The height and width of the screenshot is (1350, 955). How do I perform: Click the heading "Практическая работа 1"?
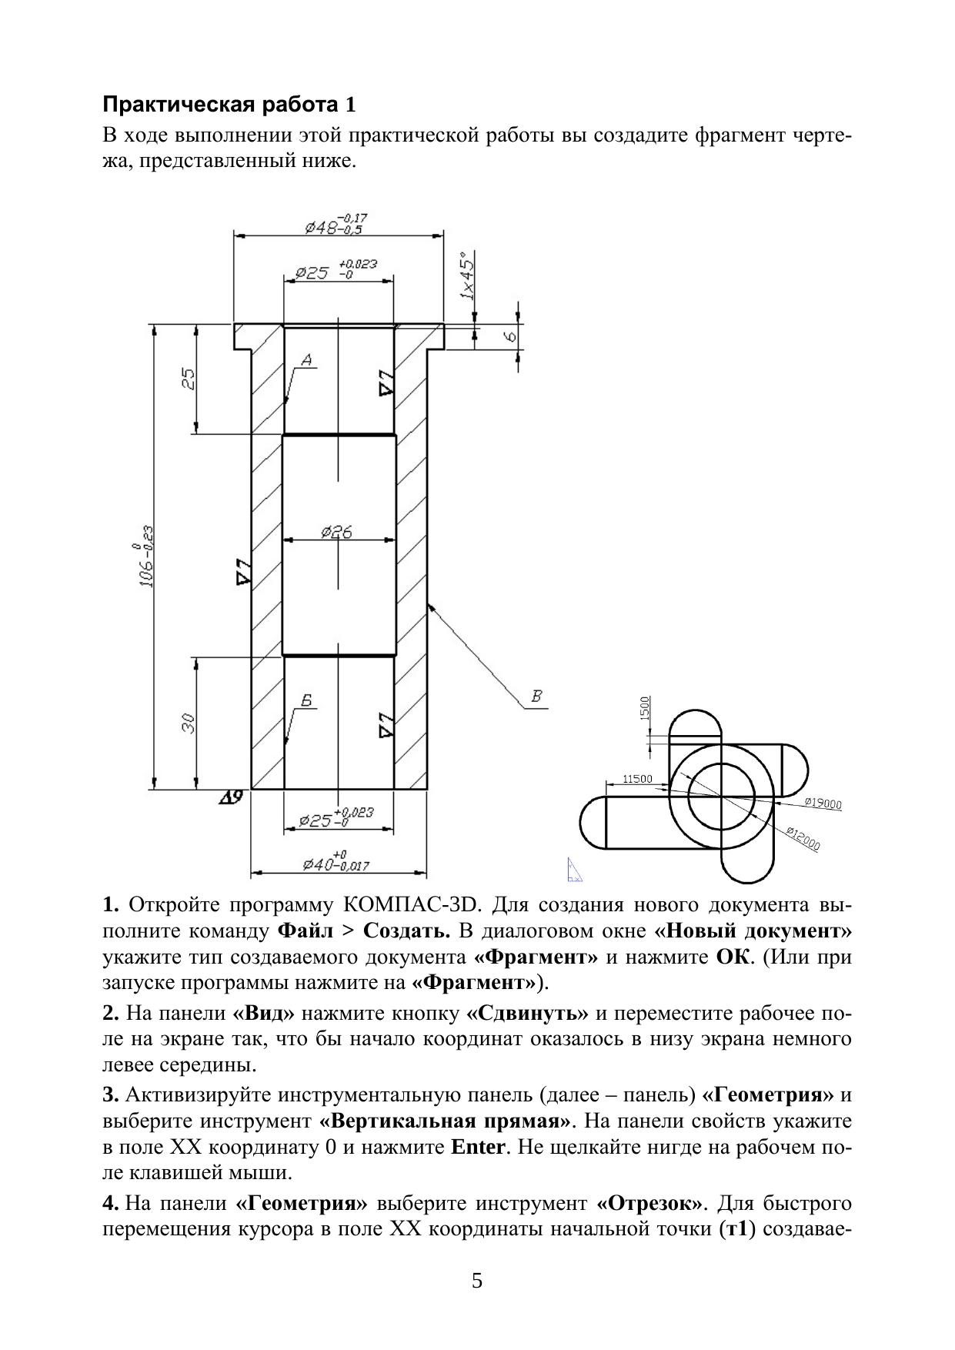tap(230, 105)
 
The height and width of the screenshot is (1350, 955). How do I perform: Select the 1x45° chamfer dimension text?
tap(466, 276)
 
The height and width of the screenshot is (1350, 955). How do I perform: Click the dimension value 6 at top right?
tap(509, 336)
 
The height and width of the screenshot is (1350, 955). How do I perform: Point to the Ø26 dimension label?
tap(337, 532)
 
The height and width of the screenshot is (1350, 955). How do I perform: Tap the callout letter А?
tap(306, 359)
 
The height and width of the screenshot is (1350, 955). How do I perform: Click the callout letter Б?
tap(306, 700)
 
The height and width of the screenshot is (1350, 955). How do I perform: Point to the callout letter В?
tap(537, 697)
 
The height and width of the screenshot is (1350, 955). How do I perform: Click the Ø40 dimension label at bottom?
tap(336, 862)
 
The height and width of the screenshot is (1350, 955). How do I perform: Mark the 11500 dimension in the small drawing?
tap(637, 779)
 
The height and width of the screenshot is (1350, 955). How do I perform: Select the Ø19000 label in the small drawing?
tap(823, 804)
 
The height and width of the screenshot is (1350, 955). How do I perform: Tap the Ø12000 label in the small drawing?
tap(803, 838)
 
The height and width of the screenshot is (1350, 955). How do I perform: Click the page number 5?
tap(477, 1281)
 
